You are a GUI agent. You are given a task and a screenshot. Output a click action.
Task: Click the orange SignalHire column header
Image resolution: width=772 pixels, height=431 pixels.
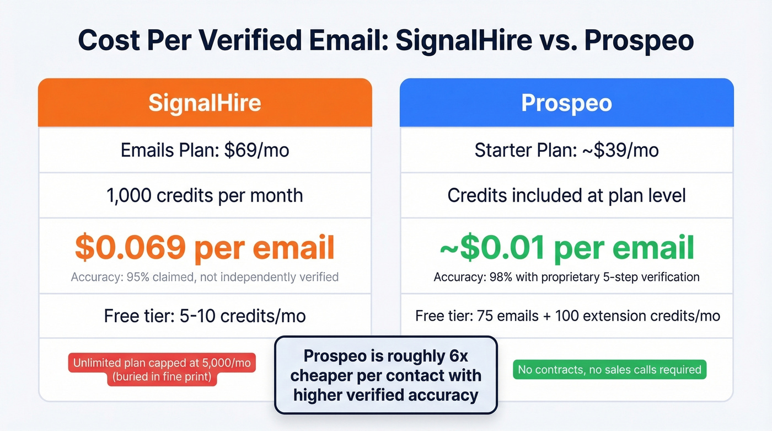[205, 103]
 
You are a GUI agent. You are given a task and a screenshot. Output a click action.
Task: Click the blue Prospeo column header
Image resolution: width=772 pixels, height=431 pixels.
[566, 103]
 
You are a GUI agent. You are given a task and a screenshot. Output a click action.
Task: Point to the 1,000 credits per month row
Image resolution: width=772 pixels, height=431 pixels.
[205, 195]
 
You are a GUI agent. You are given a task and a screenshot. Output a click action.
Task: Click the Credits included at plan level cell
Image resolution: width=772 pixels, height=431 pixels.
[566, 195]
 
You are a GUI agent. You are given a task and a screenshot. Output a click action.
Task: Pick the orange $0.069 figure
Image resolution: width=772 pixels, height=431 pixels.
[130, 248]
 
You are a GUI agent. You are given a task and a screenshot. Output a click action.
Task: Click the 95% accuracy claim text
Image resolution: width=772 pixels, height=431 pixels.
[205, 276]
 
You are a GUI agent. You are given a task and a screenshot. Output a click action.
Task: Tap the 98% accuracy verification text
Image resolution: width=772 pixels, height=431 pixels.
[566, 276]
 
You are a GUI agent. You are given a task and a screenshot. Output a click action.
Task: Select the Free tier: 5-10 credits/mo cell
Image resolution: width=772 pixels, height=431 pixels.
[205, 316]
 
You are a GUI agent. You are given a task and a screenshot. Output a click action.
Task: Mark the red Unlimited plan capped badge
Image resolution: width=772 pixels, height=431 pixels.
[162, 370]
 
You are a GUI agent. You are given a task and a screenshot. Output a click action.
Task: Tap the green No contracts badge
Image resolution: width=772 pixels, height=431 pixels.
[609, 370]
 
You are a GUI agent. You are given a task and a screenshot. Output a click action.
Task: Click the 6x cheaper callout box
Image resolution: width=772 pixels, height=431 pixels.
[385, 375]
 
